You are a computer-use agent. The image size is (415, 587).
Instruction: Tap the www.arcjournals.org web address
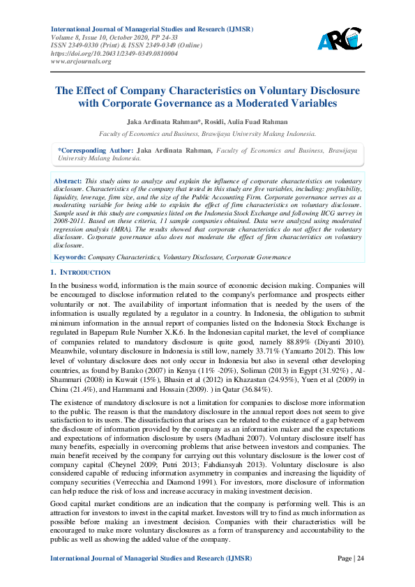tap(82, 61)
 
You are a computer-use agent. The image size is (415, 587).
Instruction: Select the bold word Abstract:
tap(68, 181)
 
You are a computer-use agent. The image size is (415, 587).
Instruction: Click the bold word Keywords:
tap(70, 258)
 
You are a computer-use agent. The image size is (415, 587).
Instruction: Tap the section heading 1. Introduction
tap(81, 272)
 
